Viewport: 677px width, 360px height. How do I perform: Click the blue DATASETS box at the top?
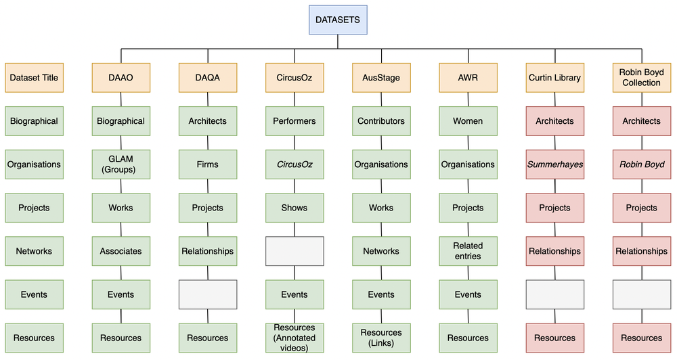point(338,20)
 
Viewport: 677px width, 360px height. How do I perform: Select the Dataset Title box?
point(34,78)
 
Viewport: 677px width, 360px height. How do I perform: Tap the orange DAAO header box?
point(121,78)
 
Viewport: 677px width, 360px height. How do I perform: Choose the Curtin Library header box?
point(554,78)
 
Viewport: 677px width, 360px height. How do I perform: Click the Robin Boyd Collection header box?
point(641,78)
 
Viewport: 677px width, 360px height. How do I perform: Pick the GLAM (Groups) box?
point(121,164)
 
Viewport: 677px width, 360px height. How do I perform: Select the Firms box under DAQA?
point(208,164)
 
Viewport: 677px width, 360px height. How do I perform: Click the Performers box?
point(294,121)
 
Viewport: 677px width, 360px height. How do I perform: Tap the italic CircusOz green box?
point(294,164)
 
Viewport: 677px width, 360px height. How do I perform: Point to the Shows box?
point(294,208)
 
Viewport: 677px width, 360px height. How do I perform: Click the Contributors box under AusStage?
point(381,121)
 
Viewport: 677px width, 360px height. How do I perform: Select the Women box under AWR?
point(468,121)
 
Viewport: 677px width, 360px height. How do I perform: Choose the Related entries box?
point(468,251)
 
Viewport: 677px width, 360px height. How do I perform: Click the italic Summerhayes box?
point(554,164)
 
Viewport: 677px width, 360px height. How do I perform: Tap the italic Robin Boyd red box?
point(641,164)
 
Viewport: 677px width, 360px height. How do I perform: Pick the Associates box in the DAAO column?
point(121,251)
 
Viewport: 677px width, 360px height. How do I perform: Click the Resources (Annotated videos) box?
point(294,338)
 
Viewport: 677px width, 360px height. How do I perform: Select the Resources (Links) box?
point(381,338)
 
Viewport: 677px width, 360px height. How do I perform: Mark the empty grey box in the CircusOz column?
point(294,251)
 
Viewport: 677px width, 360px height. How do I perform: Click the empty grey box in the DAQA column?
point(208,294)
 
